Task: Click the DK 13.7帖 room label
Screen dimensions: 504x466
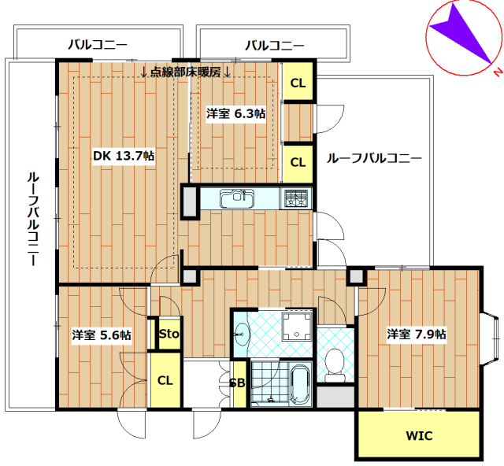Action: pos(124,156)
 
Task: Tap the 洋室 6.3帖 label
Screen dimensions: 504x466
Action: pos(236,113)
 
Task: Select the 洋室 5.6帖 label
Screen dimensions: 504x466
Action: pos(102,335)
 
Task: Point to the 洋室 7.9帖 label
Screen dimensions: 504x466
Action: pos(417,335)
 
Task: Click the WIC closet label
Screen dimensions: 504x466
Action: pos(419,436)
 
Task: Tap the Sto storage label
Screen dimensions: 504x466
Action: pos(169,334)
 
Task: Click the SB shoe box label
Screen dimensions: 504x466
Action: pos(238,383)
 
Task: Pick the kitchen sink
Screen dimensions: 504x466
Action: pos(237,198)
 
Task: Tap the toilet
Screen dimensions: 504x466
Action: pos(335,365)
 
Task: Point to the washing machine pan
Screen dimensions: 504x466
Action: pos(297,326)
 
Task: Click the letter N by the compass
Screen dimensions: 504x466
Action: pos(498,72)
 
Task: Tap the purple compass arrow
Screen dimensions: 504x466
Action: pos(461,33)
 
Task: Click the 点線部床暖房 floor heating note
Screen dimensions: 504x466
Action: pos(186,72)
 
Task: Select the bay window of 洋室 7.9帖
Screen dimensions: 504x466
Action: pos(490,338)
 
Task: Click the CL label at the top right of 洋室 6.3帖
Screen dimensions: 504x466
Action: pos(298,83)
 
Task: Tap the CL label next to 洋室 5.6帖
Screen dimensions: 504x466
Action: pos(165,380)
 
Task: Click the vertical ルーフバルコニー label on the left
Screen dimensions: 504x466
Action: pos(33,220)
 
